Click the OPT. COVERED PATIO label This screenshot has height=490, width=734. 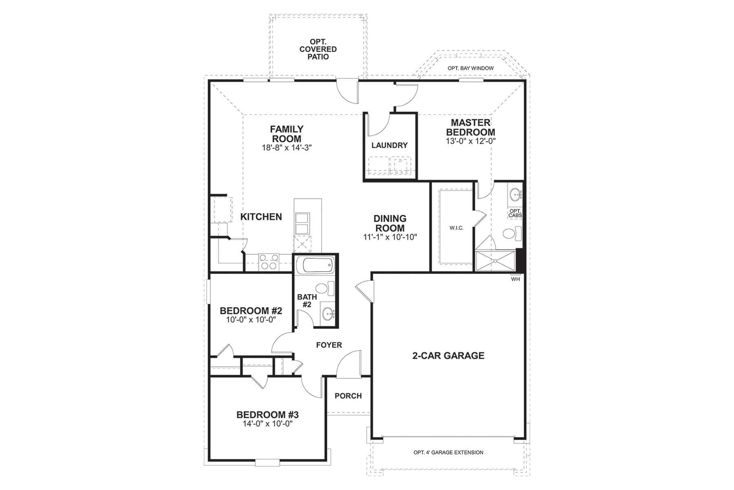(x=318, y=49)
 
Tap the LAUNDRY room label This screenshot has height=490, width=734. (x=389, y=145)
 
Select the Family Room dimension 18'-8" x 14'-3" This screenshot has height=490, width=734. (x=287, y=148)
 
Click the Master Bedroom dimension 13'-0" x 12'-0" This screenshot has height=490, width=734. (x=471, y=141)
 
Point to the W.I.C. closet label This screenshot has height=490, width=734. (x=456, y=228)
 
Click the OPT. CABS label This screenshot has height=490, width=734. (x=515, y=213)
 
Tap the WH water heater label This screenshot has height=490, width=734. (x=515, y=279)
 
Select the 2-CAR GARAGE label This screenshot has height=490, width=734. (x=448, y=356)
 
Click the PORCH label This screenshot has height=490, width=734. (x=348, y=396)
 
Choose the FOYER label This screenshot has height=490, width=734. (x=329, y=345)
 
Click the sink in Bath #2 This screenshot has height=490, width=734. (x=327, y=314)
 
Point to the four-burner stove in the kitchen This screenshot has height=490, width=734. (x=269, y=262)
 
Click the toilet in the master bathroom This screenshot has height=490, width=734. (x=511, y=234)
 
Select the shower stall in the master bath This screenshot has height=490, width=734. (x=495, y=261)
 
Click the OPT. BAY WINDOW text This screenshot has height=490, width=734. (x=471, y=68)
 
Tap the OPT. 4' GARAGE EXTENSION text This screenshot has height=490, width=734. (x=448, y=452)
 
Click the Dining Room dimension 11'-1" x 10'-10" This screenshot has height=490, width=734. (x=390, y=237)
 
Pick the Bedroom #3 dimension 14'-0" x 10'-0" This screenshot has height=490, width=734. (x=268, y=424)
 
